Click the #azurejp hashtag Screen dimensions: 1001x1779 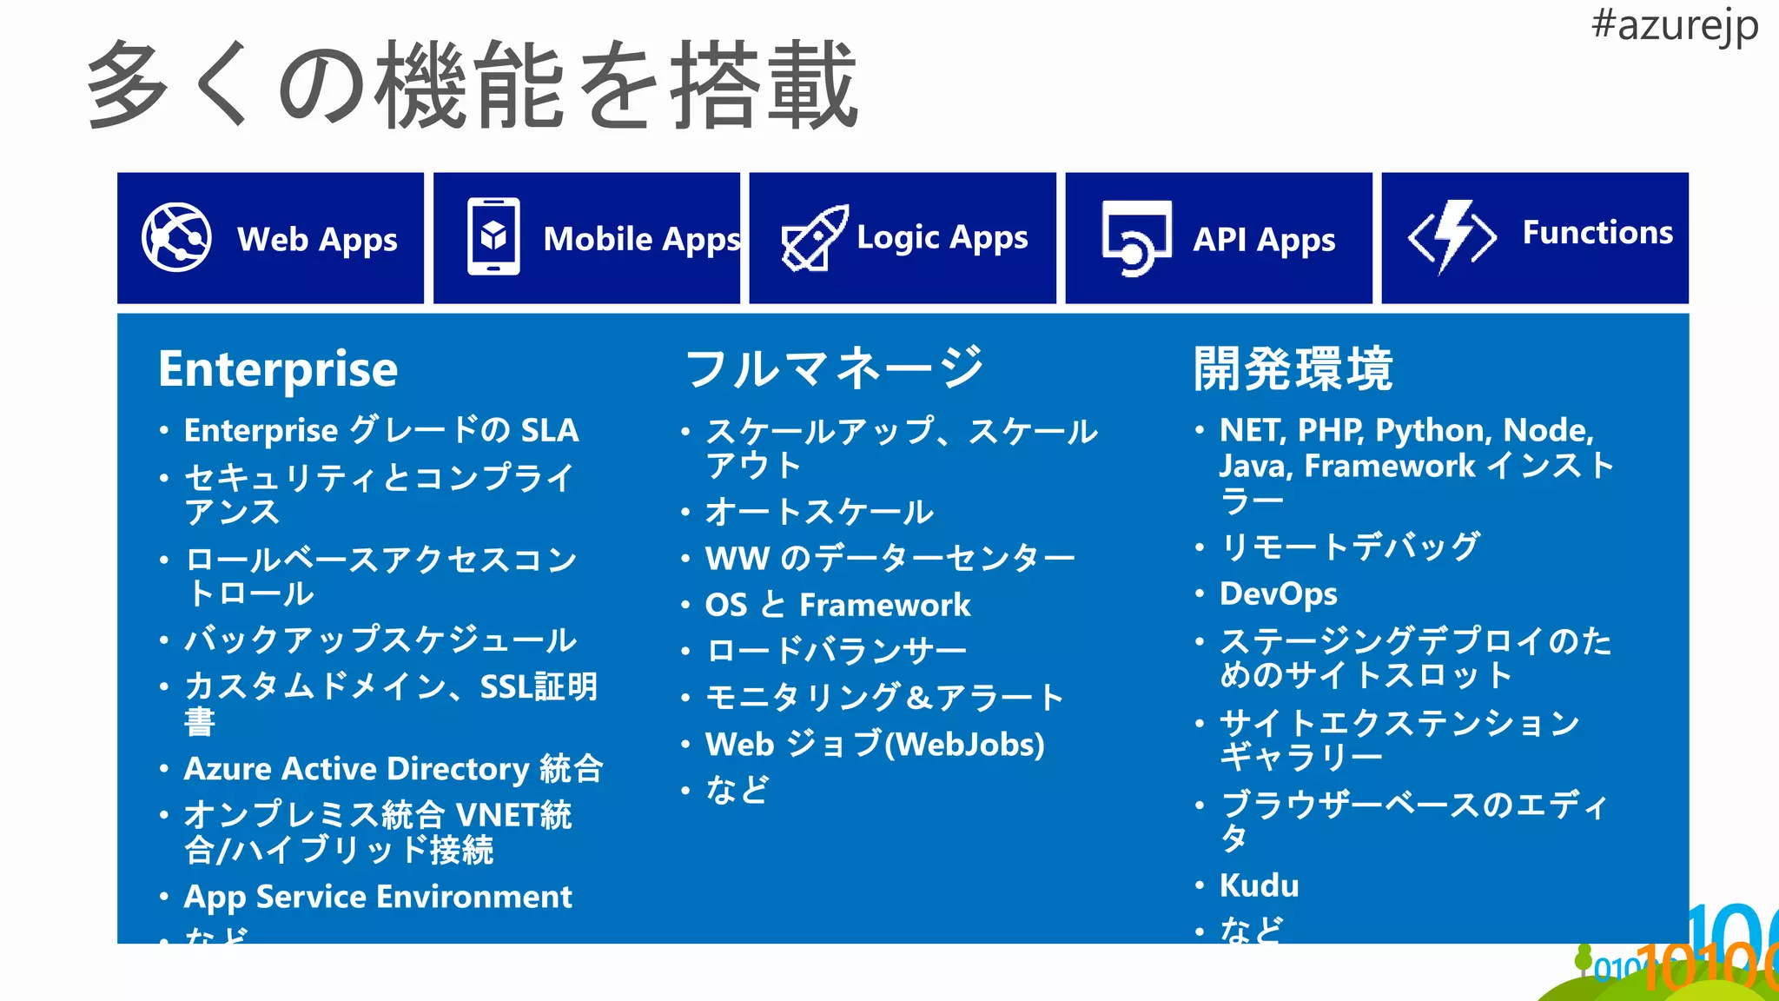click(1674, 26)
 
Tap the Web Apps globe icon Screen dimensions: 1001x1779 click(176, 237)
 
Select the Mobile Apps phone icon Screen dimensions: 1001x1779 click(493, 236)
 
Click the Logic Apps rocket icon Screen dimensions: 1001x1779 click(814, 238)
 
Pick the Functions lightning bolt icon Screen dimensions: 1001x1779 click(1452, 236)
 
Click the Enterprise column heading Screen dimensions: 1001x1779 click(278, 369)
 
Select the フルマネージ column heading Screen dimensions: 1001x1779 click(834, 368)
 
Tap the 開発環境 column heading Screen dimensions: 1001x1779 click(1293, 368)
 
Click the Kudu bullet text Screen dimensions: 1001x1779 click(1260, 885)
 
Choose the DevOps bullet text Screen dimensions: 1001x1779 click(1278, 593)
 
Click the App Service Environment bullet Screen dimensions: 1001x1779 click(378, 897)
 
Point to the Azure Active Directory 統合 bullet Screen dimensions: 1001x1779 click(393, 769)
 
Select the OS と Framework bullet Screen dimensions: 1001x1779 click(837, 605)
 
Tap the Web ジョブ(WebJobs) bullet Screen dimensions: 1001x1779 click(875, 745)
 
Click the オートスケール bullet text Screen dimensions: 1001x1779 click(819, 512)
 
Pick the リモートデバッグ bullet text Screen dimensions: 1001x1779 click(1350, 547)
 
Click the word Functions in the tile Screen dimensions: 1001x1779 click(1597, 233)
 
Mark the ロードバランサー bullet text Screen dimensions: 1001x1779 click(836, 651)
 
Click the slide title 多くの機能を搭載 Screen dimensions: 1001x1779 click(473, 85)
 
